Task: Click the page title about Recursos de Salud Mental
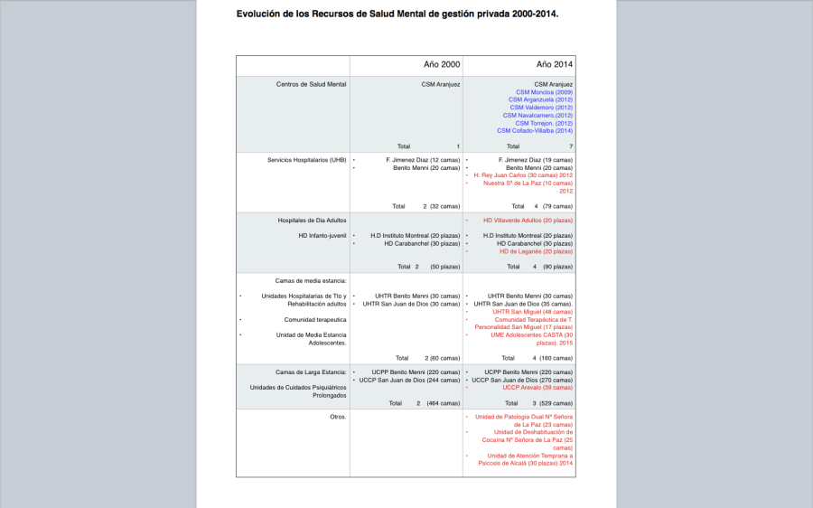coord(397,14)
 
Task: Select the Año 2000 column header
coord(442,65)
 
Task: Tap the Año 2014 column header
coord(554,65)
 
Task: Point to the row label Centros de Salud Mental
coord(312,84)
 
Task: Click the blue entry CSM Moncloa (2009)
coord(544,92)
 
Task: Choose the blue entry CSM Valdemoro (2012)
coord(541,108)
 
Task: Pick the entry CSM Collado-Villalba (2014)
coord(535,131)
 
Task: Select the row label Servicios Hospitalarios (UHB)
coord(307,160)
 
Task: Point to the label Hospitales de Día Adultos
coord(312,220)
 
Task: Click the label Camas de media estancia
coord(312,280)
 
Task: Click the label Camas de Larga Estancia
coord(312,372)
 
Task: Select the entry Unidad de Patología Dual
coord(524,417)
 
